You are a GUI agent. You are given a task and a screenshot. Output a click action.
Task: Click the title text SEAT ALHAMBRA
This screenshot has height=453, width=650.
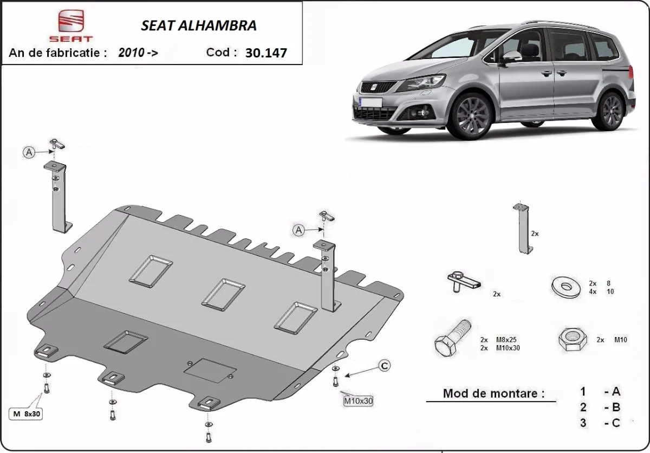199,25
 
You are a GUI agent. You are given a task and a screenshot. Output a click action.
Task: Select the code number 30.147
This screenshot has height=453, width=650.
266,53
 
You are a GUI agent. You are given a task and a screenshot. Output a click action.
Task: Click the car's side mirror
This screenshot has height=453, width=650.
511,57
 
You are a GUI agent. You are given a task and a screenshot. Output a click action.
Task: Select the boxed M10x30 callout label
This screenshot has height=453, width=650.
358,402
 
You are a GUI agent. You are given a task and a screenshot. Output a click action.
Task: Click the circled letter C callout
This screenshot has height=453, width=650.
384,366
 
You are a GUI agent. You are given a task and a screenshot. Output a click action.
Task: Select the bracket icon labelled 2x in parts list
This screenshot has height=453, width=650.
523,229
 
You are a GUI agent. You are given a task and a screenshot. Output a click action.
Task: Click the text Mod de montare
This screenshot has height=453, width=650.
493,393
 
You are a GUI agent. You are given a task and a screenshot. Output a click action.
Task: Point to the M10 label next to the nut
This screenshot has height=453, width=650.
620,340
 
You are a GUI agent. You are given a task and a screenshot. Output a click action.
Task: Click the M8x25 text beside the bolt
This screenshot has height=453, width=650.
507,340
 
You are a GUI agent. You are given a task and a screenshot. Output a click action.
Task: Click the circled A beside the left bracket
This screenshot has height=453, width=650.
29,153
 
